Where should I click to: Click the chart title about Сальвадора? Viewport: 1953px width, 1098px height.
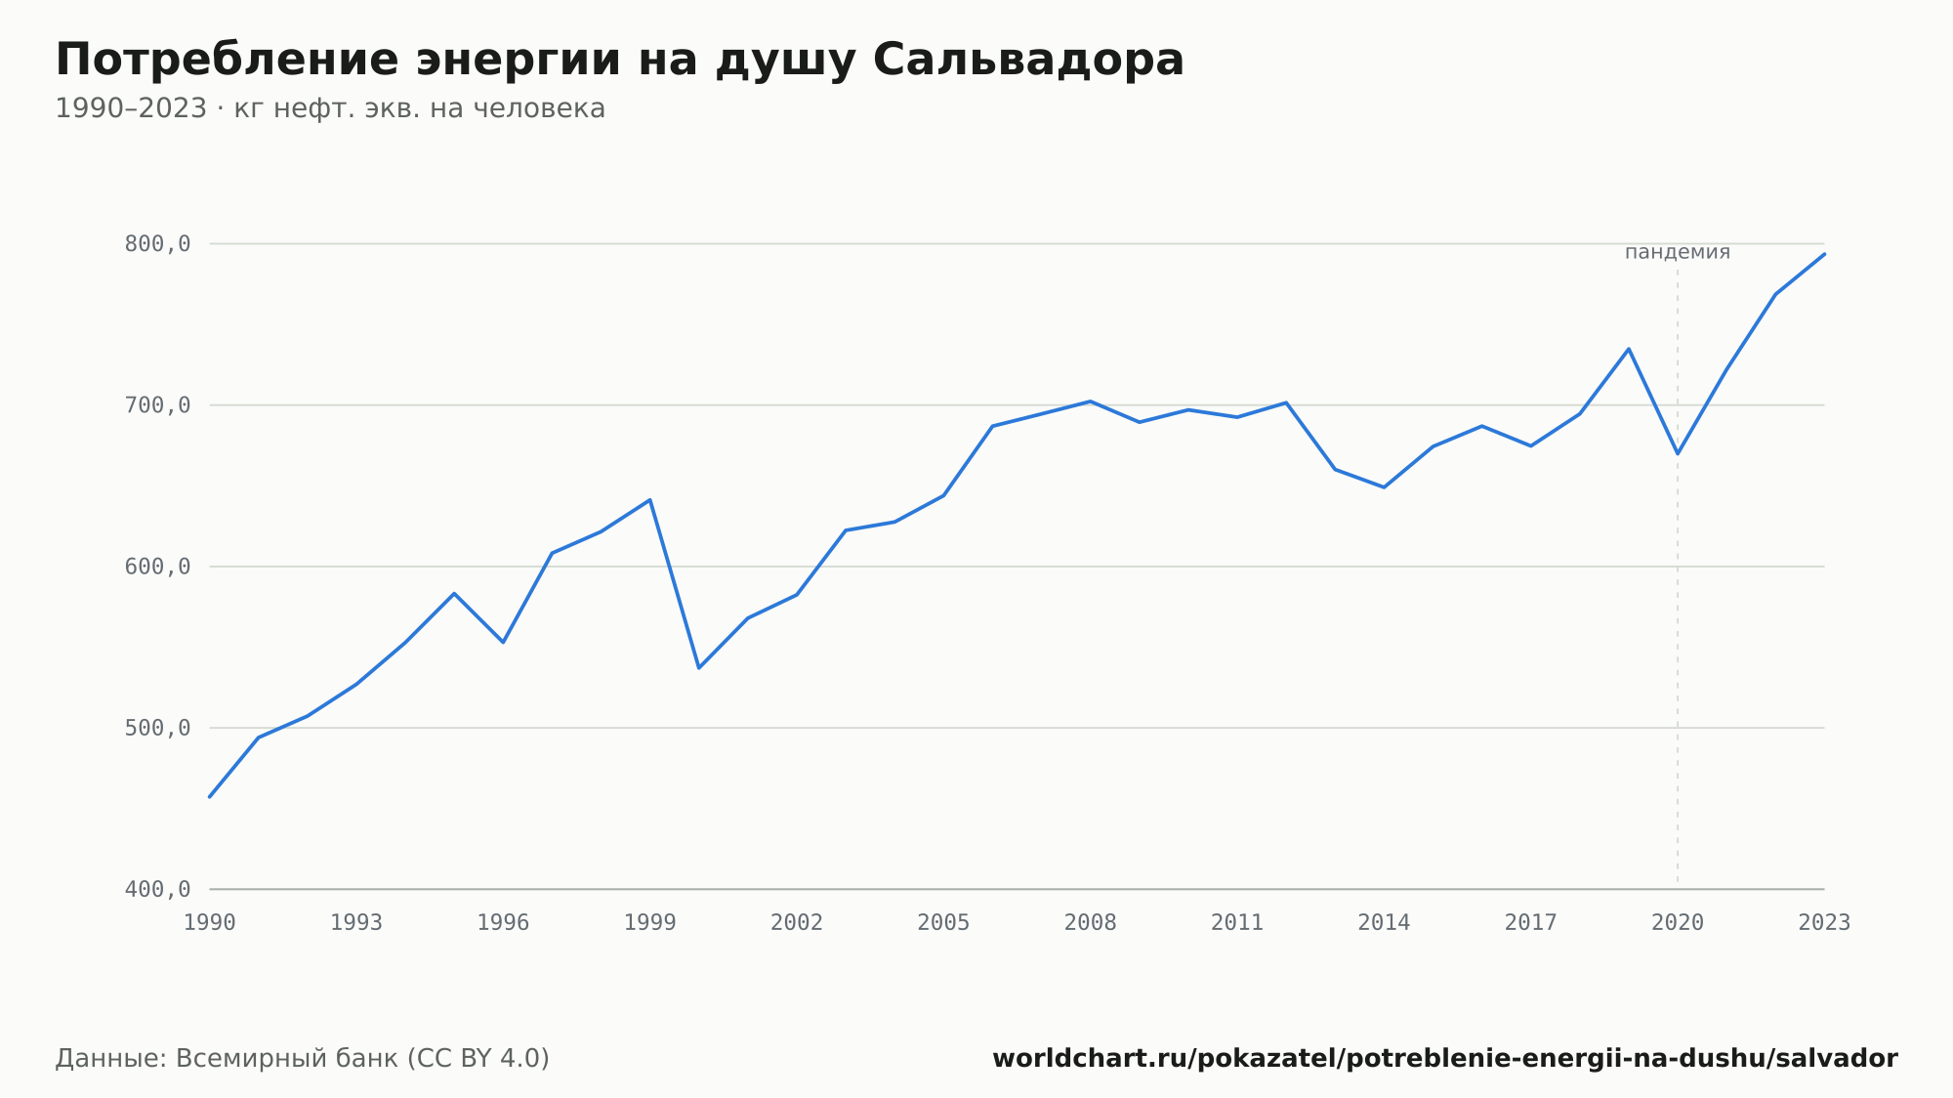(619, 61)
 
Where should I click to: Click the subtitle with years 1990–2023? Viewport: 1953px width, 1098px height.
(330, 108)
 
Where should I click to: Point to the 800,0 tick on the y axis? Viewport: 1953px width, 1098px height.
(157, 244)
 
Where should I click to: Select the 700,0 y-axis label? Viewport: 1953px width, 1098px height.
(157, 405)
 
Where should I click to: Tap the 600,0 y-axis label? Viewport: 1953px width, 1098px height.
(157, 567)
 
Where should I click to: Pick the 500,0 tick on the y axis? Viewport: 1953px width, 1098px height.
(157, 728)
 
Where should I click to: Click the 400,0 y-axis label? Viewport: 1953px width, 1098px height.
(157, 889)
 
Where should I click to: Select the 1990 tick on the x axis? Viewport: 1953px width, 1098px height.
(210, 923)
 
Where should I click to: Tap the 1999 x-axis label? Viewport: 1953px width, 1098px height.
(650, 923)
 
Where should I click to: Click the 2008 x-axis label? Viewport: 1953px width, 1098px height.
(1091, 923)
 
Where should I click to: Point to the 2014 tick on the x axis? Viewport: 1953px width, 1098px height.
(1384, 923)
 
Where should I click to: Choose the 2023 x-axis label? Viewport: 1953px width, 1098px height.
(1824, 923)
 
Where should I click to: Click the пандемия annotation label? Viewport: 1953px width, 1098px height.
(1678, 252)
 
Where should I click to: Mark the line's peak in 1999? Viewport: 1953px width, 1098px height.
(650, 500)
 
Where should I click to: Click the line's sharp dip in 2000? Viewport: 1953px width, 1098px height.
(699, 667)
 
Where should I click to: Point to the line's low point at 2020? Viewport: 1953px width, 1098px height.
(1678, 453)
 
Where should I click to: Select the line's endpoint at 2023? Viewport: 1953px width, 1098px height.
(1824, 254)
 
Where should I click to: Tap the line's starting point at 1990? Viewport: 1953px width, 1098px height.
(210, 797)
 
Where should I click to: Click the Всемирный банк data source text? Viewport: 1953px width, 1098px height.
(303, 1059)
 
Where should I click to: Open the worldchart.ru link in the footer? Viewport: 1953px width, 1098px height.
(1445, 1059)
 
